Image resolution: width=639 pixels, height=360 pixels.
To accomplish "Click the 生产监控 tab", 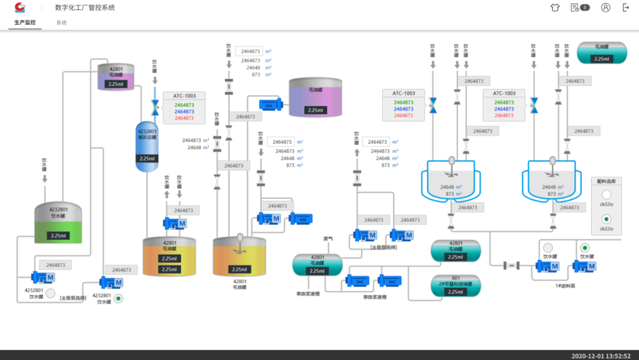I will point(25,22).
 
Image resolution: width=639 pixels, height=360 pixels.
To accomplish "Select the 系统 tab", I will point(62,22).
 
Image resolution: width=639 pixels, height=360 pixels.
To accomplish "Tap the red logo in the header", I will point(21,7).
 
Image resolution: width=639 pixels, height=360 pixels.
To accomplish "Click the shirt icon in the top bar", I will point(554,8).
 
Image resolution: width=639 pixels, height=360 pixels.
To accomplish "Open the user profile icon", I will point(605,8).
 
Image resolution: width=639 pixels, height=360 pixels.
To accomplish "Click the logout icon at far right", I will point(626,8).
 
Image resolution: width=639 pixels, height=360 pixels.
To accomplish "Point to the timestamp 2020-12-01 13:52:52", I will point(601,356).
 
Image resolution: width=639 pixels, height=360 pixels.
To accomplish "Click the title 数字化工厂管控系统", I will point(85,8).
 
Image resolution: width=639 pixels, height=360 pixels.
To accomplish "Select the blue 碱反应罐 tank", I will point(147,146).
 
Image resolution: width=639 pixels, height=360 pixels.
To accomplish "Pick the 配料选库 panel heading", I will point(606,181).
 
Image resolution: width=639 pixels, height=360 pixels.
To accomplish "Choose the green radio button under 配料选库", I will point(606,219).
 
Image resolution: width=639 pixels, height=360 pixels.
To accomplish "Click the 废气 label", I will point(328,239).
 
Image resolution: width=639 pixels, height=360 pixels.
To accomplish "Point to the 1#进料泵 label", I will point(565,286).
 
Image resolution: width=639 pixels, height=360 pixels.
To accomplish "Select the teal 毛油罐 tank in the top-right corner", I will point(601,53).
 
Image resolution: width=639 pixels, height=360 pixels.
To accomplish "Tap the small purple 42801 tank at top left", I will point(116,76).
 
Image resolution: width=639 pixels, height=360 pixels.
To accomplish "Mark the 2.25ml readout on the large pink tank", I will point(315,110).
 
